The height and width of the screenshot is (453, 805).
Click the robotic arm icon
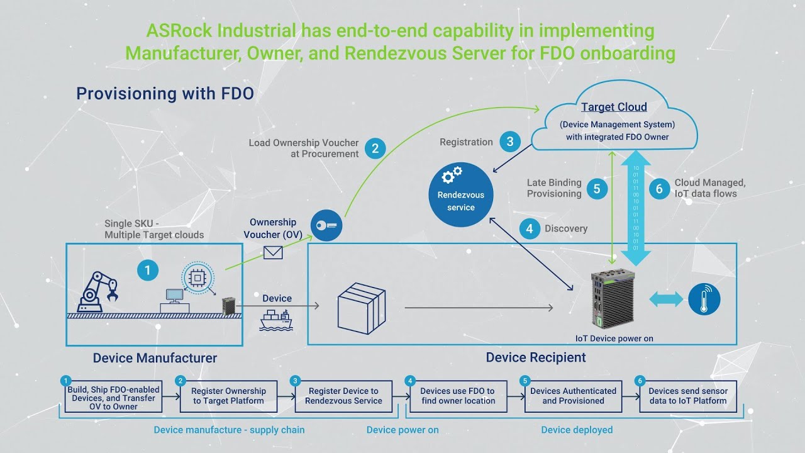click(x=97, y=291)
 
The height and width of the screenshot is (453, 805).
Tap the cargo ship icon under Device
click(x=275, y=321)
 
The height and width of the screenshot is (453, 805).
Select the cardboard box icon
click(x=361, y=306)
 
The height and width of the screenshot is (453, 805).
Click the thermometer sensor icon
click(x=704, y=299)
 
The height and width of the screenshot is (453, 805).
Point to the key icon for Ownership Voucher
click(x=326, y=226)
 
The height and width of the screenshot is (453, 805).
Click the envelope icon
click(x=273, y=253)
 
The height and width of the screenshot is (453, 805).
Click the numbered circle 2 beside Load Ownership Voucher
click(x=375, y=148)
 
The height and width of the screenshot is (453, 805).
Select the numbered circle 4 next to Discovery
click(x=530, y=228)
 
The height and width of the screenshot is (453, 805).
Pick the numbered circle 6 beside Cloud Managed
click(x=659, y=188)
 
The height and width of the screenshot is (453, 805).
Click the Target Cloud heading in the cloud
click(x=614, y=107)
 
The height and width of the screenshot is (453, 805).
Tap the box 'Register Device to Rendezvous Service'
click(x=343, y=396)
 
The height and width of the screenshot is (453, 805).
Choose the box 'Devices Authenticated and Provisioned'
click(x=573, y=396)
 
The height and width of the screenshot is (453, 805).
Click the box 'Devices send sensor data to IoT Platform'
click(x=687, y=396)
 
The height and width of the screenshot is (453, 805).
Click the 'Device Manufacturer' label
click(x=155, y=358)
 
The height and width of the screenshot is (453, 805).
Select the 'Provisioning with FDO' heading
click(x=165, y=94)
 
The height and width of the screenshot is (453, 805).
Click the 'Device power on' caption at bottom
click(x=402, y=430)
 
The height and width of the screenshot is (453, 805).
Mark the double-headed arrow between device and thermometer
click(x=665, y=299)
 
